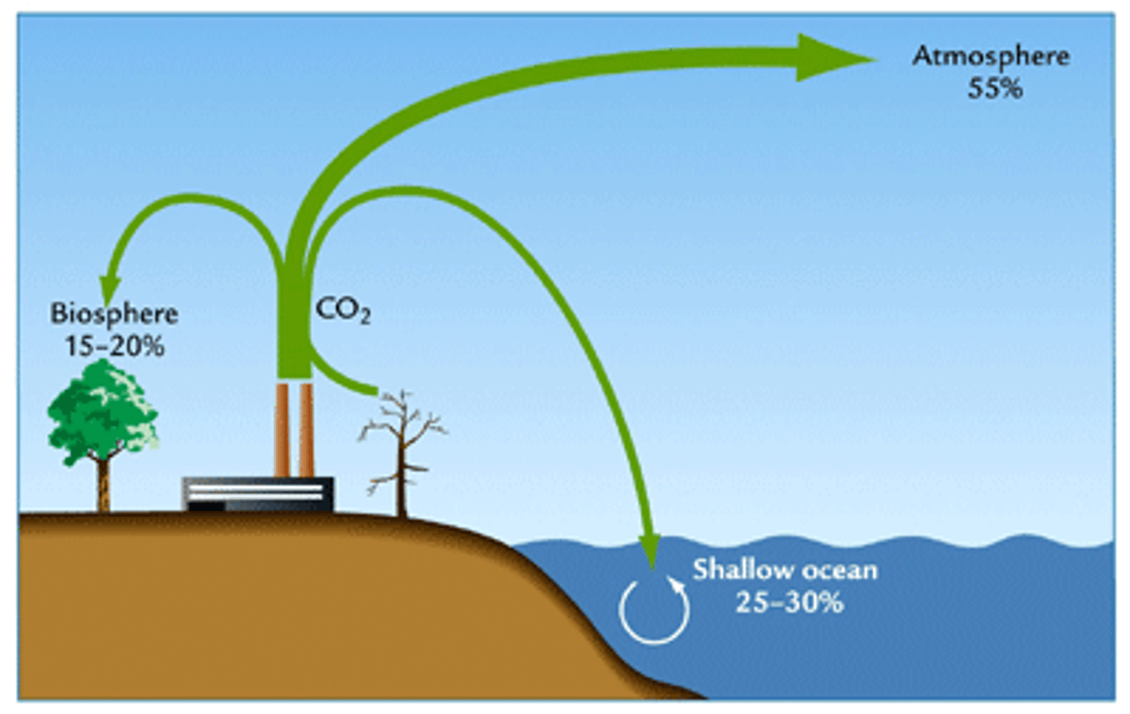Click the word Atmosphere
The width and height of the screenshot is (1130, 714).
(990, 56)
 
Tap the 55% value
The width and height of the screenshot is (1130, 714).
(994, 89)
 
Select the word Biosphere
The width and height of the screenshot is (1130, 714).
(115, 314)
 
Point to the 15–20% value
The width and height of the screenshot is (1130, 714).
(115, 346)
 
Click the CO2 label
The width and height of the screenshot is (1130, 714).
(342, 310)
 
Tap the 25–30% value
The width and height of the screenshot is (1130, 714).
(789, 603)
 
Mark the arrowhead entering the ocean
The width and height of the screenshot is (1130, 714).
(650, 549)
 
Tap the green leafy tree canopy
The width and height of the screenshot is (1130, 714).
(103, 408)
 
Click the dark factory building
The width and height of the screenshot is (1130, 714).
(258, 494)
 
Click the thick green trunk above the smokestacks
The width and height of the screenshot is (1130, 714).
(294, 330)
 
